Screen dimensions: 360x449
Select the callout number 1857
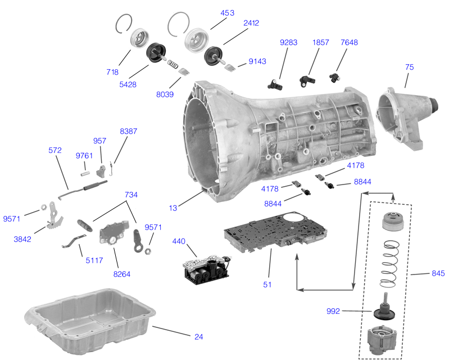(x=321, y=42)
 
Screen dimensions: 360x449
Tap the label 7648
(x=349, y=42)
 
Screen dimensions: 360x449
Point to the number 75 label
(x=409, y=67)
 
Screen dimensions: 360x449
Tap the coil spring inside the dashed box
(x=388, y=263)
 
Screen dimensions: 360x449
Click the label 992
(x=334, y=310)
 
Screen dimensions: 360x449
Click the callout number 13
(x=173, y=208)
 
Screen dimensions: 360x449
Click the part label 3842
(x=22, y=238)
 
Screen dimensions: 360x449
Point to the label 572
(x=55, y=151)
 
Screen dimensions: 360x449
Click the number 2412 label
(x=251, y=23)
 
